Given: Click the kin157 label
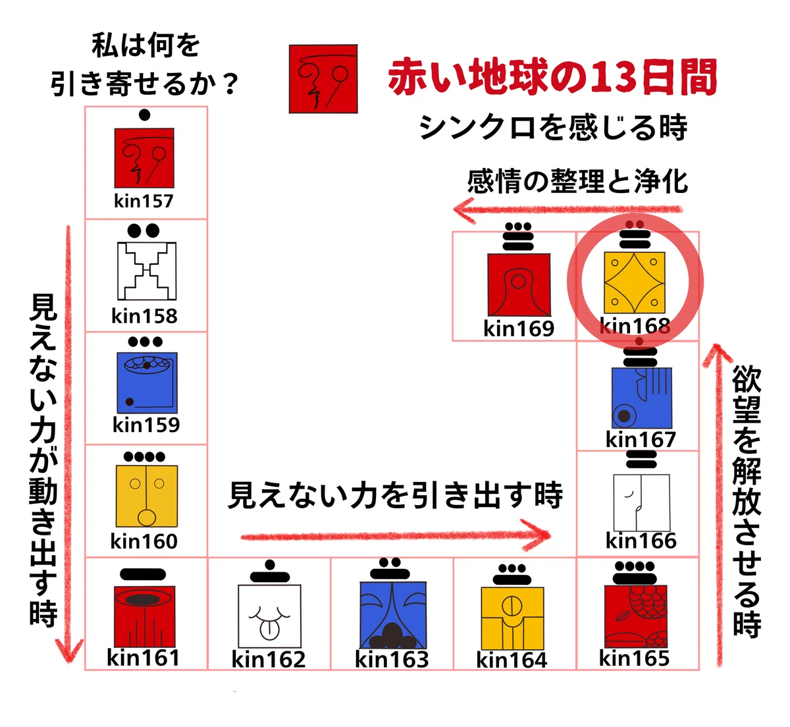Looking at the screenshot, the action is [x=144, y=201].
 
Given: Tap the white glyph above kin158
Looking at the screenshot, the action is [x=147, y=271].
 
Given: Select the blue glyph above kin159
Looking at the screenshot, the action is [x=147, y=383].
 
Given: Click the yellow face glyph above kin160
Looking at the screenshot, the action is [x=147, y=496].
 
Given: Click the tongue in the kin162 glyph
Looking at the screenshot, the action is [x=269, y=630].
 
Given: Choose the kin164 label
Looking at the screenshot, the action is [x=511, y=660].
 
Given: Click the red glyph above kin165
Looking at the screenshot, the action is [x=636, y=616].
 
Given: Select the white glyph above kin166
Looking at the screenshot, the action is [x=641, y=502].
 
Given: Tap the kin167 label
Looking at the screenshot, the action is [x=641, y=439].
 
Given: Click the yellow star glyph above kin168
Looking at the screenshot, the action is [x=635, y=283].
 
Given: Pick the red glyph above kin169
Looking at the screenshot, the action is [x=519, y=285].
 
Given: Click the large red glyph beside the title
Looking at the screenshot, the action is [x=323, y=79].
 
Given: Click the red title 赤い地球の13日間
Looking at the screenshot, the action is [x=552, y=76].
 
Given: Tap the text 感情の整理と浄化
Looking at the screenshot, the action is [x=577, y=181].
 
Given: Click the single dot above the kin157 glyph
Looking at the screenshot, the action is [x=145, y=115].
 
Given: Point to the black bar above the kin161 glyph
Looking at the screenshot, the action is [x=143, y=574].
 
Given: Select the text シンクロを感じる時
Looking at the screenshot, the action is [x=553, y=127].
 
